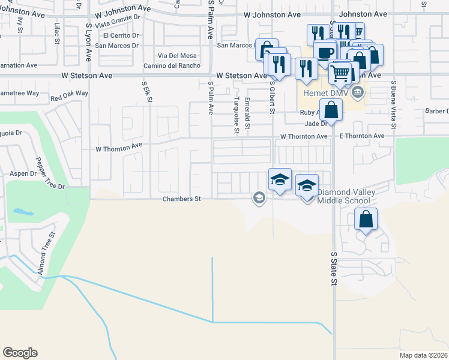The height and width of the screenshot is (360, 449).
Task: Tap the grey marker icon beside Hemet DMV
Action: (358, 91)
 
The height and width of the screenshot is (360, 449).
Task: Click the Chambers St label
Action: (181, 199)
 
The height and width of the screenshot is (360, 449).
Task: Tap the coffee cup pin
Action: (325, 52)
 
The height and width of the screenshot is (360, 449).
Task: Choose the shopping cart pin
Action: (340, 73)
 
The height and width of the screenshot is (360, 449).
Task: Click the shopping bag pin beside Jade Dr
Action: (331, 110)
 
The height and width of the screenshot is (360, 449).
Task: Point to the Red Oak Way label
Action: (69, 95)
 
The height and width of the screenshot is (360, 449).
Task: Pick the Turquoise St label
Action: (237, 111)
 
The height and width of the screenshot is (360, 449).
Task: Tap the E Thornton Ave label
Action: (361, 136)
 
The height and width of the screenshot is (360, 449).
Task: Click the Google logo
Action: (20, 353)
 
